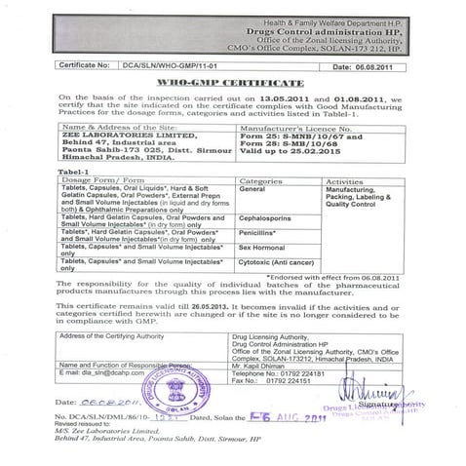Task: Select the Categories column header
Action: click(260, 181)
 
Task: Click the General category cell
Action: click(253, 190)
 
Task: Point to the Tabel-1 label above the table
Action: click(76, 173)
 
